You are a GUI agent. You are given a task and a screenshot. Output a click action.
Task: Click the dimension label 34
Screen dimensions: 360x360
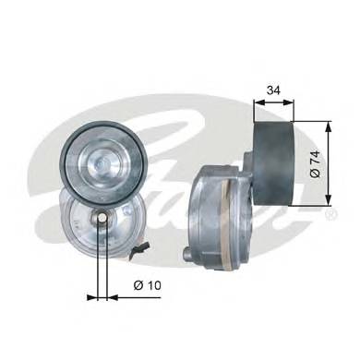coord(273,90)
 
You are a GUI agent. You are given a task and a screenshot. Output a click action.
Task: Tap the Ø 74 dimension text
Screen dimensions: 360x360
coord(316,163)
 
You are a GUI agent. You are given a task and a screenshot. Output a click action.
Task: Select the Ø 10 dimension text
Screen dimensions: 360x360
coord(148,285)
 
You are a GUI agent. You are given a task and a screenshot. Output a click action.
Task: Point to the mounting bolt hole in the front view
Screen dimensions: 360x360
coord(102,218)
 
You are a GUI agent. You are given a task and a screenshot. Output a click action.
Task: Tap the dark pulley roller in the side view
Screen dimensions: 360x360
coord(273,163)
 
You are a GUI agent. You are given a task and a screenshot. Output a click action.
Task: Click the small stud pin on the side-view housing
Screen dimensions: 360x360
coord(186,254)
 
